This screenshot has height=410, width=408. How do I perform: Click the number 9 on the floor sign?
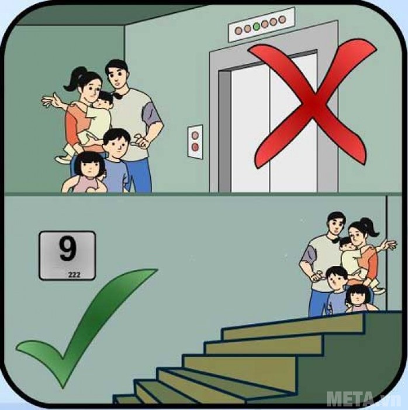click(x=67, y=250)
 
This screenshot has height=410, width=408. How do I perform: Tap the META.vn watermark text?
click(x=362, y=399)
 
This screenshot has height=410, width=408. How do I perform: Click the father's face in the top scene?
click(x=117, y=76)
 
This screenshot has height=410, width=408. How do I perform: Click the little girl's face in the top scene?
click(x=91, y=167)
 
